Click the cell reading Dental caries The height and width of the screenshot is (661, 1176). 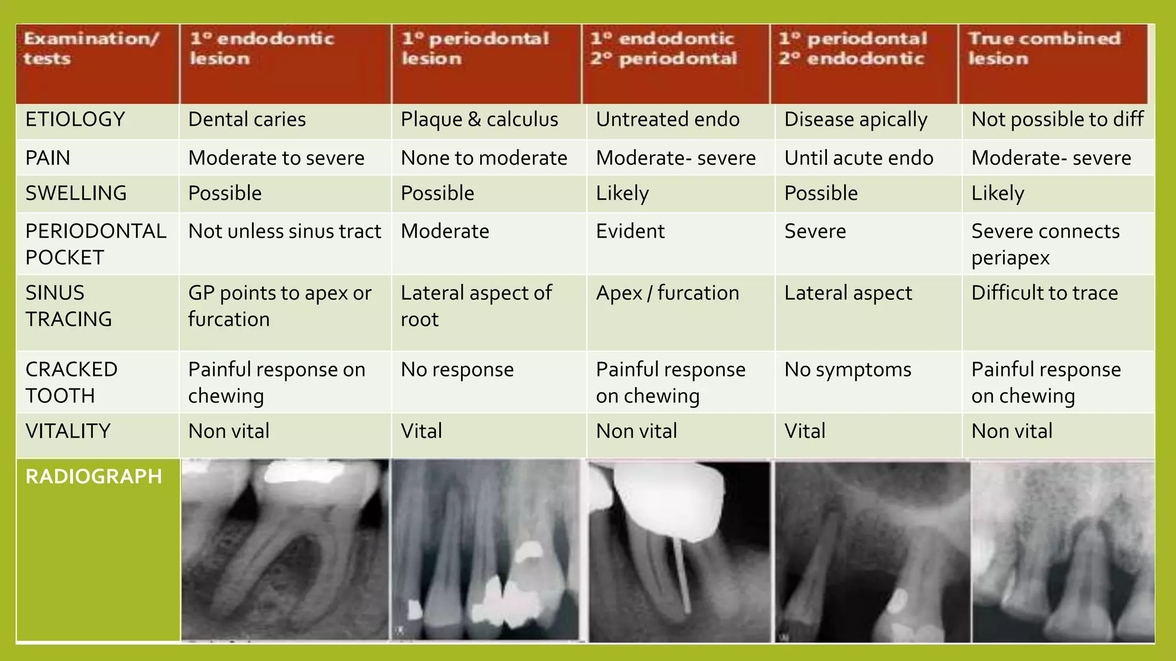pos(247,120)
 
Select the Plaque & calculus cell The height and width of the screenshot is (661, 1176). pos(479,120)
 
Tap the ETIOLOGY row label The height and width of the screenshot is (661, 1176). pos(75,120)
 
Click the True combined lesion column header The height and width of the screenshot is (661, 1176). pos(1044,49)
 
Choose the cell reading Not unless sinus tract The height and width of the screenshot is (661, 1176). pos(284,231)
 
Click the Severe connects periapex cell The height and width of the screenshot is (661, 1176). pos(1045,244)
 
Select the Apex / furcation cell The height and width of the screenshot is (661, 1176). pos(667,293)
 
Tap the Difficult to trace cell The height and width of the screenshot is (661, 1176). pos(1045,293)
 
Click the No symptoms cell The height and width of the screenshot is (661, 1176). pos(848,370)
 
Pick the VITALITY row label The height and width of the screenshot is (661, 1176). pos(68,431)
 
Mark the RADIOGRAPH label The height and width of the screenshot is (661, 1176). pos(94,477)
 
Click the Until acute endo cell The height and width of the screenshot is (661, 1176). pos(858,158)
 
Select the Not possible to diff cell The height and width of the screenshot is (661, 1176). pos(1057,120)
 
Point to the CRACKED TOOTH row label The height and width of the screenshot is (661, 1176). pos(71,383)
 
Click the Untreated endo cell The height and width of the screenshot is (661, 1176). pos(667,120)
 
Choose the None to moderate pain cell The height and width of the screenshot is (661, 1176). pos(483,158)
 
